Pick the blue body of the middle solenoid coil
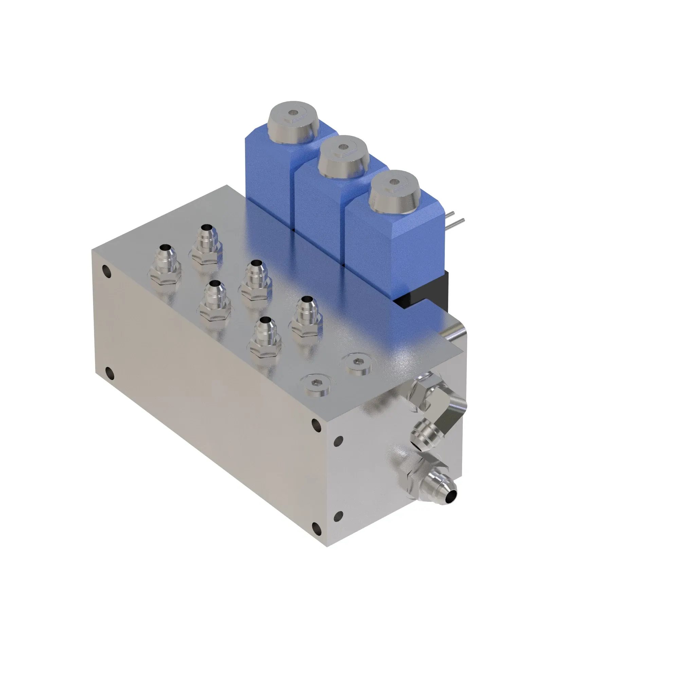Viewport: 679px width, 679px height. (x=316, y=204)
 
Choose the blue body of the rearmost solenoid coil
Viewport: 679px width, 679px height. (x=267, y=176)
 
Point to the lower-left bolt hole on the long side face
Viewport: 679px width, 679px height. (x=109, y=373)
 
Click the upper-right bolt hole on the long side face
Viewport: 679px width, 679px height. (x=316, y=426)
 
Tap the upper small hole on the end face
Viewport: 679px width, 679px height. (x=338, y=440)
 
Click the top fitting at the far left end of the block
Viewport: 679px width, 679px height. (x=165, y=263)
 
